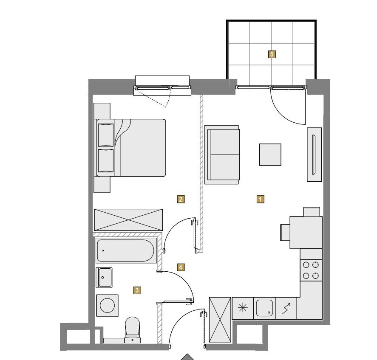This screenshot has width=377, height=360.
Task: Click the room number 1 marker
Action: point(260,199)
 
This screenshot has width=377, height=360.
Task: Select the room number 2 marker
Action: point(181,199)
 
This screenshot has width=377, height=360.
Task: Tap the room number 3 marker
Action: point(137,290)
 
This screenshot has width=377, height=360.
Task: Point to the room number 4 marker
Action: point(181,267)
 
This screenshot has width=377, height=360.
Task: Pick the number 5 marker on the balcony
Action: point(272,54)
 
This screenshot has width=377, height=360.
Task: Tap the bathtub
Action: point(125,250)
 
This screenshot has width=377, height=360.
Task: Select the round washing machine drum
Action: point(107,305)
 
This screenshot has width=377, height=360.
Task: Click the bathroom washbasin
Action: point(104,277)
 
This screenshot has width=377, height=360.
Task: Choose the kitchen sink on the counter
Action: point(264,308)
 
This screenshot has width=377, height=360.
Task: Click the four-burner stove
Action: point(311,270)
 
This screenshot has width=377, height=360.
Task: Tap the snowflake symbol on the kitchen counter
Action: point(243,308)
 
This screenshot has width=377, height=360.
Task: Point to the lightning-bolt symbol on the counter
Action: point(286,308)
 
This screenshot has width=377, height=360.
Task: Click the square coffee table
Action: point(270,155)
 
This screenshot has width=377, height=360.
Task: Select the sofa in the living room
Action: point(222,155)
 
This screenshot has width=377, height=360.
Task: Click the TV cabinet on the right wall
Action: point(314,155)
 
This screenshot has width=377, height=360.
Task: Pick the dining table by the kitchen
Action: point(306,233)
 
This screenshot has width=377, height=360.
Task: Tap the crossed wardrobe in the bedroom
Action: point(128,220)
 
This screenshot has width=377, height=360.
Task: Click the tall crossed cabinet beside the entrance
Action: point(220,320)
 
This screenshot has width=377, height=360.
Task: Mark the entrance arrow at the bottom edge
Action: point(187,357)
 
